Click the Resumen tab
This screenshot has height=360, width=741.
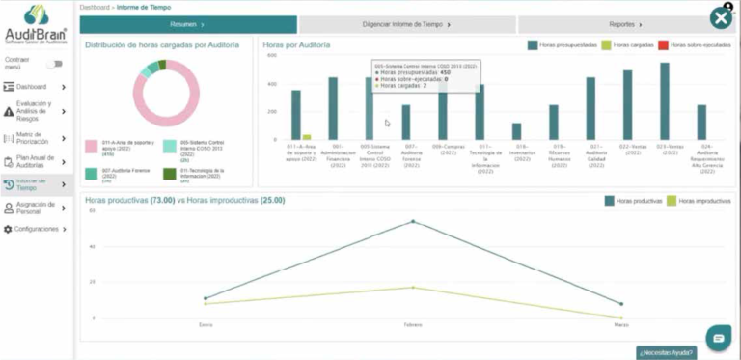188,24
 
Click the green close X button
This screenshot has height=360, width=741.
721,17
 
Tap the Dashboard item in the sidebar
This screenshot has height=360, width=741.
36,87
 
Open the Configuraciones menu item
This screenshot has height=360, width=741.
36,229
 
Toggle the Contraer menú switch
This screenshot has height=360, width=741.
54,64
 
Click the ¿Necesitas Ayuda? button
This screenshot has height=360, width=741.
666,352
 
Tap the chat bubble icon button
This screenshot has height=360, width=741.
716,337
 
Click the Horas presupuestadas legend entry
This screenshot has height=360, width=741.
559,45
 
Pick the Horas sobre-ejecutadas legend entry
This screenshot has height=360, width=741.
695,45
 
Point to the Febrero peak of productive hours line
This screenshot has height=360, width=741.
413,222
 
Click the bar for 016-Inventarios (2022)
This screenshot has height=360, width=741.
516,131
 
